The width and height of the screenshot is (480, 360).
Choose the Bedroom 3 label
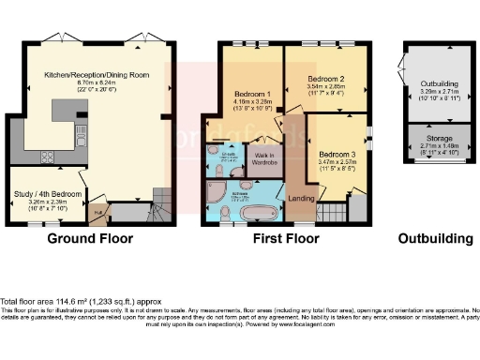pos(337,153)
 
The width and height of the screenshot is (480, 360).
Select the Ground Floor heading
pos(89,238)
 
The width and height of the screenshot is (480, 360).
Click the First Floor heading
pos(287,238)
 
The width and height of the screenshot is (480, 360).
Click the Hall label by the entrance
pos(98,213)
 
